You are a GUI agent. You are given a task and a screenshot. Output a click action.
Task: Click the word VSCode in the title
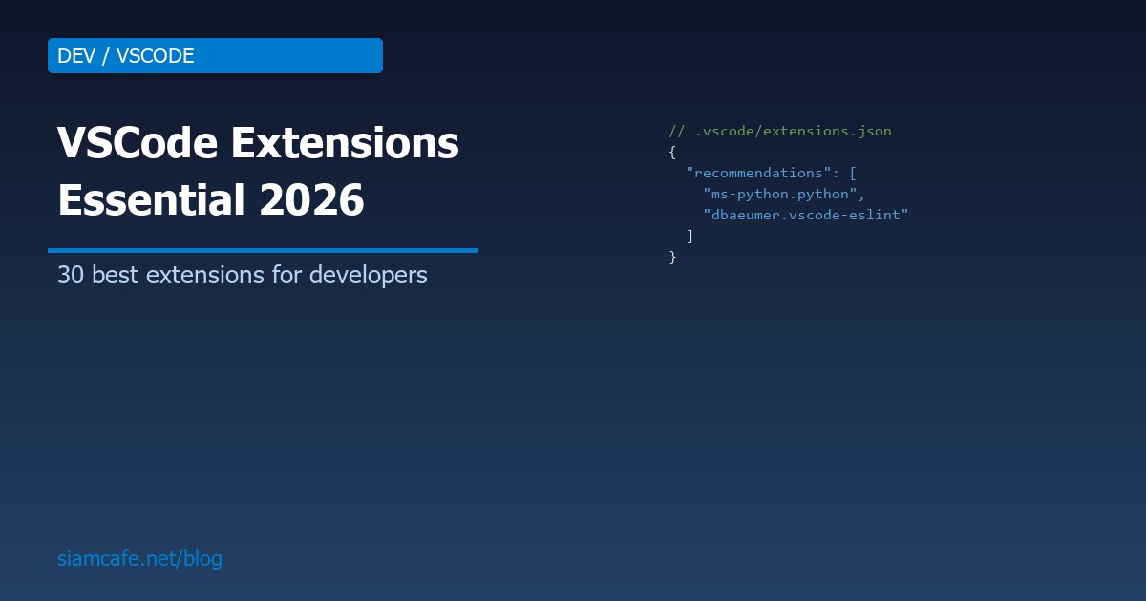[x=135, y=144]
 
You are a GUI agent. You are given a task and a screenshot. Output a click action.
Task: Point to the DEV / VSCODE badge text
[x=125, y=55]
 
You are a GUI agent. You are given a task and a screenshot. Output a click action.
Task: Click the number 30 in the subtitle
[x=70, y=275]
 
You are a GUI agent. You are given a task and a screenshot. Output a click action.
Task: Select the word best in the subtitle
[x=110, y=275]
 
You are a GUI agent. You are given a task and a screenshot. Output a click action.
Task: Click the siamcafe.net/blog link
[x=139, y=558]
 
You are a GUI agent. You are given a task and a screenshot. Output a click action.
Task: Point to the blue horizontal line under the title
[x=263, y=250]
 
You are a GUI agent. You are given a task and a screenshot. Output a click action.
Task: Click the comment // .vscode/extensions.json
[x=780, y=131]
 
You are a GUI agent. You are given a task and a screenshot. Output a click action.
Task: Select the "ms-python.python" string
[x=783, y=194]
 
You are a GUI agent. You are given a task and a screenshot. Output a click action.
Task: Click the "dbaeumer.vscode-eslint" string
[x=805, y=215]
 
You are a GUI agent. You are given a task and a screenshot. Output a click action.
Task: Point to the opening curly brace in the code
[x=672, y=152]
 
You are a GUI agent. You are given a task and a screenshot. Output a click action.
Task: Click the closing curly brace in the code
[x=672, y=257]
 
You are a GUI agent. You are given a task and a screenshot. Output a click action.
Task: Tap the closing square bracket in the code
[x=690, y=236]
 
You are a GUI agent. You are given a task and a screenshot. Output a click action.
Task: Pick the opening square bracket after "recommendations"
[x=853, y=173]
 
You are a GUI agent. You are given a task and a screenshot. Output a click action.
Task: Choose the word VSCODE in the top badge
[x=155, y=55]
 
